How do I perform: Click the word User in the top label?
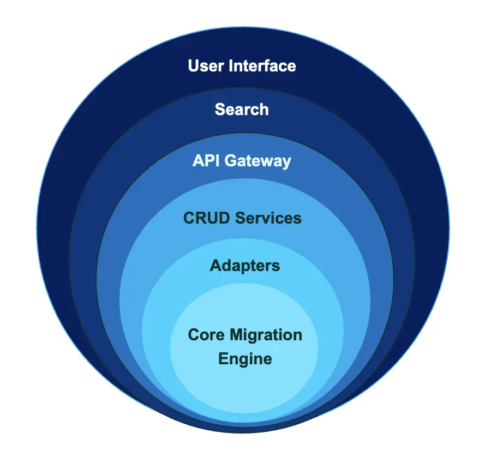[x=206, y=67]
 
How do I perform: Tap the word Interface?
[x=262, y=67]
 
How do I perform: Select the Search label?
[x=242, y=109]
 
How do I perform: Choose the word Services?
[x=268, y=218]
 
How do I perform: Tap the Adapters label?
[x=245, y=266]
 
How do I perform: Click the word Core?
[x=205, y=334]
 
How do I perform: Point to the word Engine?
[x=245, y=359]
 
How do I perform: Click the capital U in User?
[x=193, y=67]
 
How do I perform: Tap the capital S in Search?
[x=220, y=109]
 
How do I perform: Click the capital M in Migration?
[x=235, y=334]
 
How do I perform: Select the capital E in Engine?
[x=223, y=359]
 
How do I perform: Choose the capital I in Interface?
[x=230, y=67]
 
